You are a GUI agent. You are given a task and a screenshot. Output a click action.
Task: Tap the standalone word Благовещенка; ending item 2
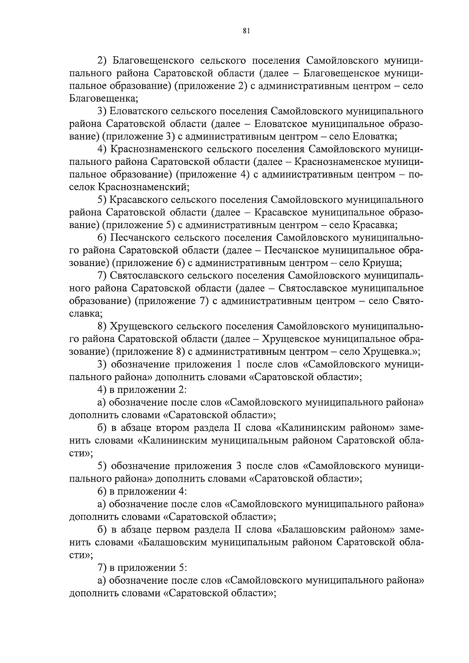(x=104, y=98)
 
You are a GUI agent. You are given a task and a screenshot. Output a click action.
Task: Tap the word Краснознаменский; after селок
(x=144, y=187)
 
